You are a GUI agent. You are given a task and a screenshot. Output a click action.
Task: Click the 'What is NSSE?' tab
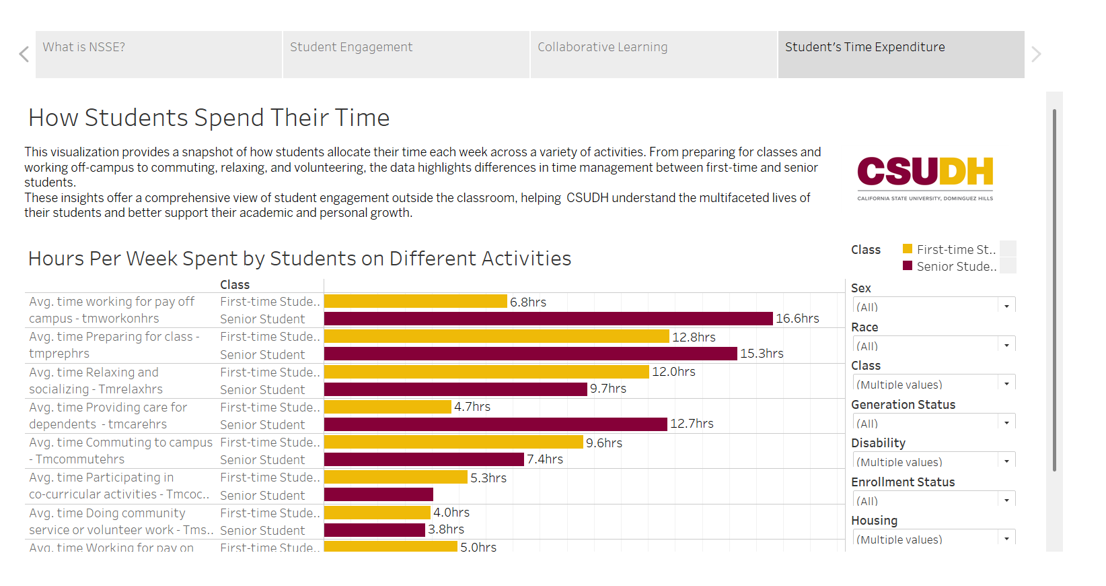coord(158,54)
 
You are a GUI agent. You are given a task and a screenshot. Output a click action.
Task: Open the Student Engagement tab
coord(406,54)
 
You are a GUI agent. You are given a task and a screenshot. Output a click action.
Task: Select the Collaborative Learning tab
coord(653,54)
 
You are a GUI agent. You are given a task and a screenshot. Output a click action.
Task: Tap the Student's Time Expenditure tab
coord(901,54)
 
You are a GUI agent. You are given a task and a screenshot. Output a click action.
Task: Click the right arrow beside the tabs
coord(1036,55)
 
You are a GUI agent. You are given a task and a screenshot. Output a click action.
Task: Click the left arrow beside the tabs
coord(24,55)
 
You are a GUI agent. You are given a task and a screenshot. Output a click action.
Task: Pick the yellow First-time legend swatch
coord(908,249)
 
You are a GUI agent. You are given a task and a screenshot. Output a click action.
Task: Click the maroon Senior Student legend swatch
coord(908,266)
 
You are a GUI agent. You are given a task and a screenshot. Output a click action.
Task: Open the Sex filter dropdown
coord(934,306)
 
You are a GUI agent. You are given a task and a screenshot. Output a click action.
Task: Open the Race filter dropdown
coord(934,346)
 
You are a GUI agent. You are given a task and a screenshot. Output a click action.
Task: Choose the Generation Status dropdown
coord(934,423)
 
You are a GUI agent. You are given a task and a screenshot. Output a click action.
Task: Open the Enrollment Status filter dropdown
coord(934,500)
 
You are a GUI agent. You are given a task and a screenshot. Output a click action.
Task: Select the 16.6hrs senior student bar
coord(548,319)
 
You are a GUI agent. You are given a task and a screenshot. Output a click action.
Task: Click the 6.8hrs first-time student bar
coord(415,301)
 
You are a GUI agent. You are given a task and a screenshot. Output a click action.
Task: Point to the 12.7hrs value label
coord(692,424)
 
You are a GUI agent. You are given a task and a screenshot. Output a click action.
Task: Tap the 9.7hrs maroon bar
coord(455,389)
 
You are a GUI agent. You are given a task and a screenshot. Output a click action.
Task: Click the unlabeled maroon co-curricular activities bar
coord(378,494)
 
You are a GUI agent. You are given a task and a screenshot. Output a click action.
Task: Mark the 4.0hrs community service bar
coord(377,513)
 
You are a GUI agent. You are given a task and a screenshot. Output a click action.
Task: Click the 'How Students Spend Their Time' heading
coord(209,118)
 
